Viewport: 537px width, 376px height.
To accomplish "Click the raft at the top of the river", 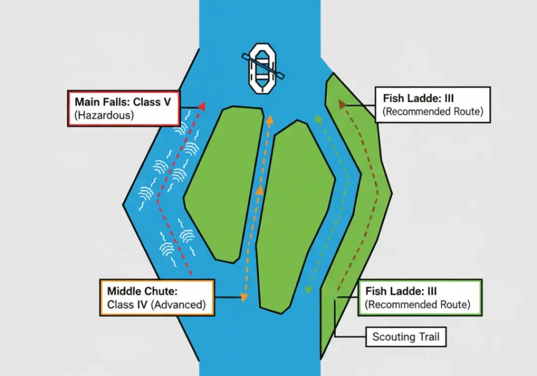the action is [262, 68].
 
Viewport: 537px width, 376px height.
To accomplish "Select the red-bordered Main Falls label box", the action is [124, 108].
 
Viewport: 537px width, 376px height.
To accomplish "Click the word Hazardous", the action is [104, 115].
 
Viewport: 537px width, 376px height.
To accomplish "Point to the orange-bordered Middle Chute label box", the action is [157, 297].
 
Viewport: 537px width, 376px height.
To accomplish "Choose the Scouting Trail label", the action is [406, 337].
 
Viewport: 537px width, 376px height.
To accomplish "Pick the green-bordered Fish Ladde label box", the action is [420, 297].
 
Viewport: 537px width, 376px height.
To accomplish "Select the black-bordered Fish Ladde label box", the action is [433, 104].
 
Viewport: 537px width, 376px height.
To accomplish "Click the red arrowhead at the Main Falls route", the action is [201, 106].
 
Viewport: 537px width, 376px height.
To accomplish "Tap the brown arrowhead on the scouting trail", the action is [342, 104].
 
